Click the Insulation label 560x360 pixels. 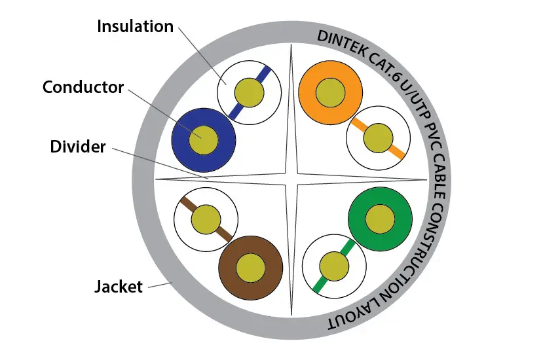click(x=136, y=27)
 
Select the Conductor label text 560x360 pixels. click(x=83, y=87)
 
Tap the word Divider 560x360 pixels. click(x=78, y=147)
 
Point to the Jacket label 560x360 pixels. click(x=119, y=287)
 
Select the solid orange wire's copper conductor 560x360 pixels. click(x=330, y=93)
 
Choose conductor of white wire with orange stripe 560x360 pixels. click(x=377, y=138)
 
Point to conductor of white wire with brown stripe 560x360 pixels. click(x=207, y=219)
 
